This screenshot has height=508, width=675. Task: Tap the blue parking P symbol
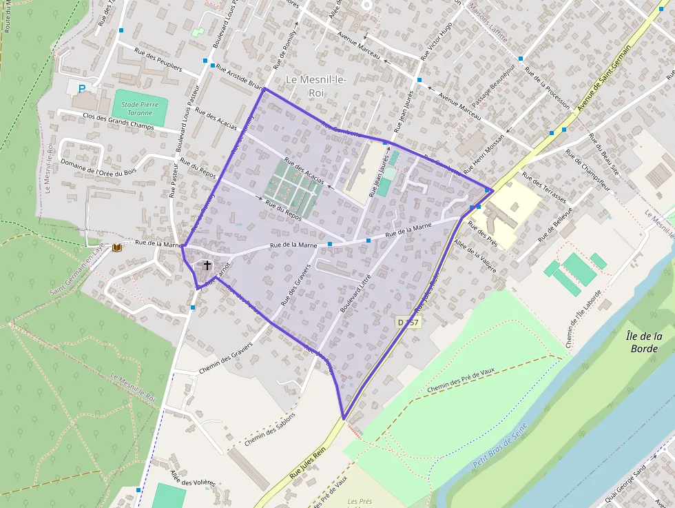pyautogui.click(x=83, y=88)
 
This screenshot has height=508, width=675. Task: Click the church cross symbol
pyautogui.click(x=207, y=265)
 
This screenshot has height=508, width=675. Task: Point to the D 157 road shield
pyautogui.click(x=408, y=322)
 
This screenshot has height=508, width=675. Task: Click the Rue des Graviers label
pyautogui.click(x=296, y=284)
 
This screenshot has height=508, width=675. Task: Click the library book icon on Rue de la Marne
pyautogui.click(x=116, y=247)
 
